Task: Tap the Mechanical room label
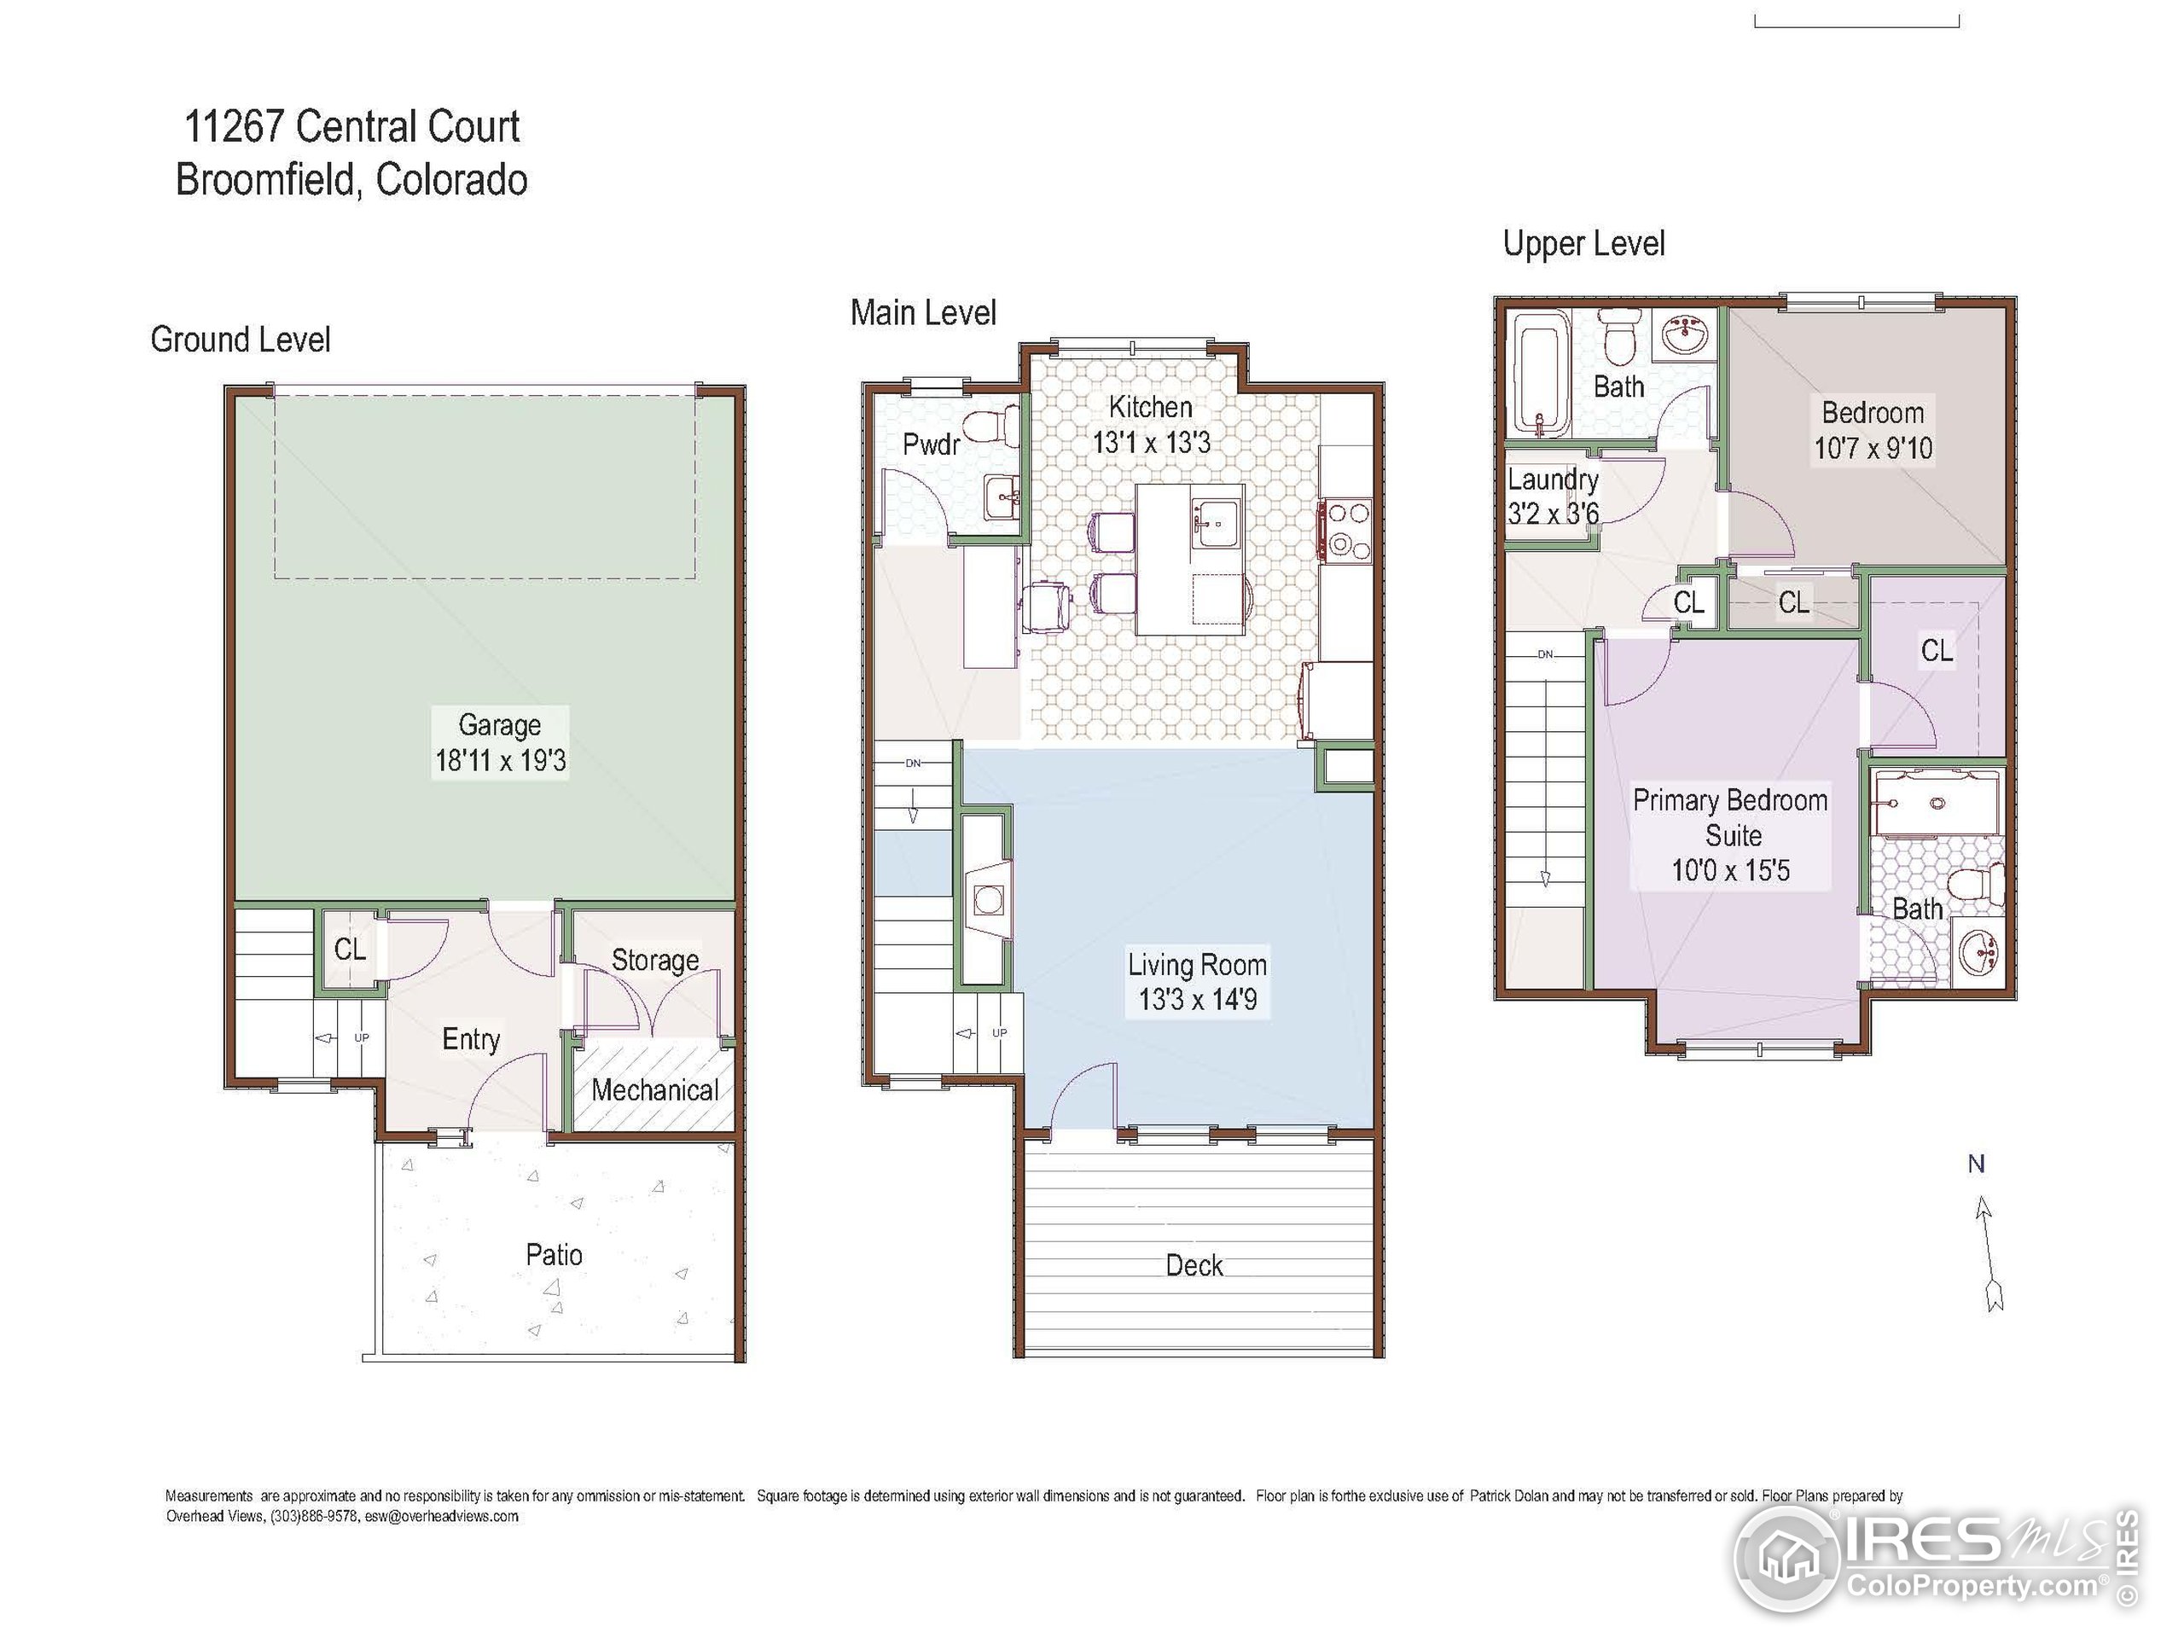point(654,1090)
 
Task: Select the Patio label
point(553,1255)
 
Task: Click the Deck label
point(1194,1266)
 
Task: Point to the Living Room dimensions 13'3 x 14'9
point(1198,1000)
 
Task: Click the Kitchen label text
point(1150,407)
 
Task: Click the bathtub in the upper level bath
point(1540,375)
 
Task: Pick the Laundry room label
point(1552,479)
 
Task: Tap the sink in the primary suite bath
point(1979,953)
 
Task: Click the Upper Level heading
point(1583,244)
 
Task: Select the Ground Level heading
point(240,340)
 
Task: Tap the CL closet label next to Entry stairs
point(350,950)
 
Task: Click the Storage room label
point(654,960)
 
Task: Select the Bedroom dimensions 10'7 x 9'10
point(1872,448)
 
